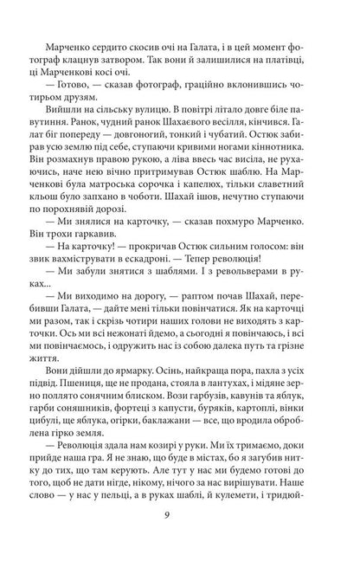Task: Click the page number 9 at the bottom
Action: pos(180,518)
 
